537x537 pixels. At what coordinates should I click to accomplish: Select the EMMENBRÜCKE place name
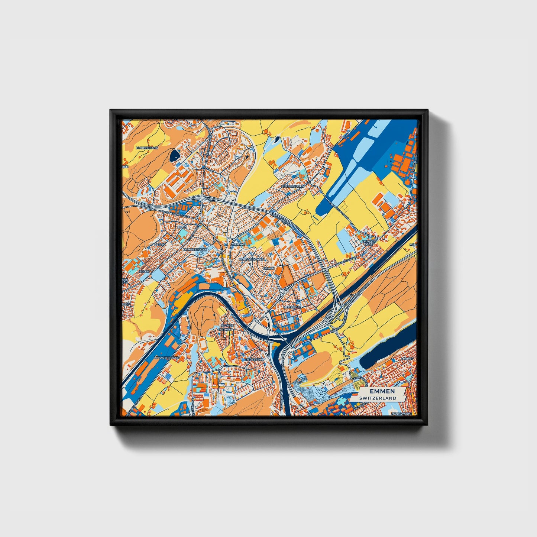pos(195,249)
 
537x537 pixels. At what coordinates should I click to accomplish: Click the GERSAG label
pos(238,244)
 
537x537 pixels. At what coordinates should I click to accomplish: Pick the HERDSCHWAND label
pos(251,259)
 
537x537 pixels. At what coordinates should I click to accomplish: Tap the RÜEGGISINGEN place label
pos(293,186)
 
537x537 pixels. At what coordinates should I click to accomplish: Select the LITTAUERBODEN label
pos(166,358)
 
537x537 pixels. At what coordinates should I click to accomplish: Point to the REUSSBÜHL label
pos(254,360)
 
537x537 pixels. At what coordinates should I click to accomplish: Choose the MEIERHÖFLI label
pos(293,307)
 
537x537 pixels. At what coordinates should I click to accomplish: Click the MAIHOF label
pos(408,359)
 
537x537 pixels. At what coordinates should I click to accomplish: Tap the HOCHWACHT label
pos(402,413)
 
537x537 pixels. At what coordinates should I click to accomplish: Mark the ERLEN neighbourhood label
pos(144,272)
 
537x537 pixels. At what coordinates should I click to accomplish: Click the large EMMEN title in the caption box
pos(377,392)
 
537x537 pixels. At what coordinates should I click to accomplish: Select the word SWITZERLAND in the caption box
pos(378,398)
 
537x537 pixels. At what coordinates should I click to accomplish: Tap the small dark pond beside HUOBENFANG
pos(174,156)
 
